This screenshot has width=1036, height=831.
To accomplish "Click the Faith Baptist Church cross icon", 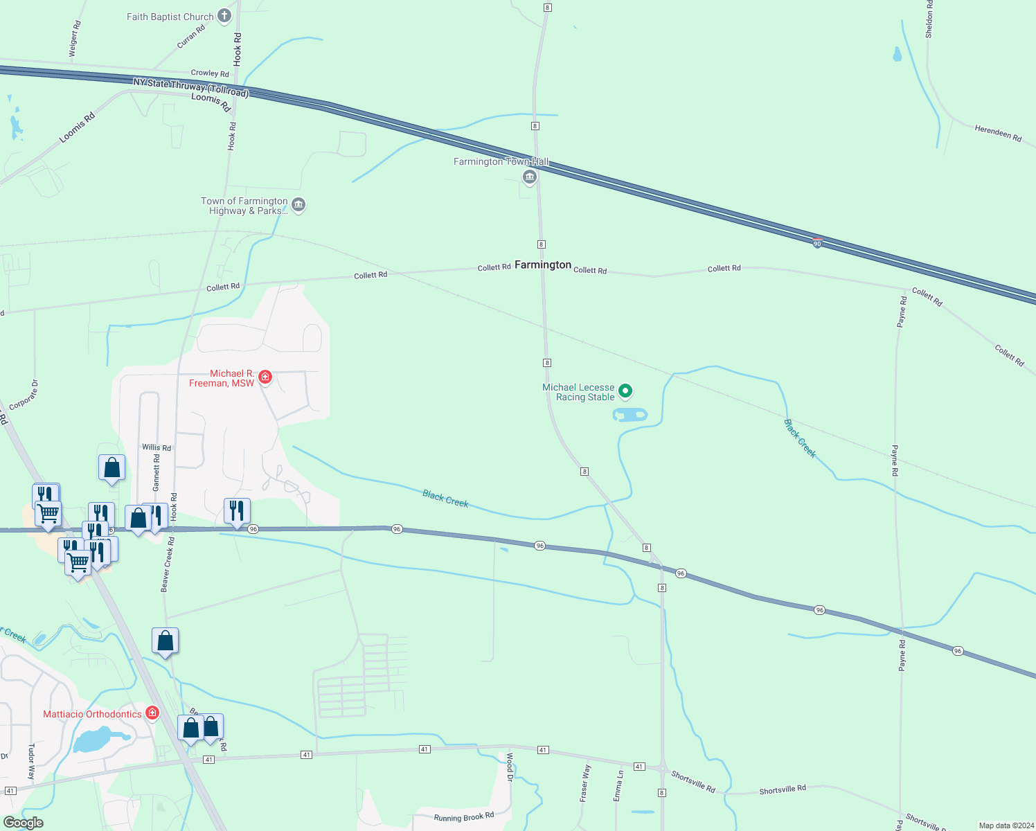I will tap(224, 16).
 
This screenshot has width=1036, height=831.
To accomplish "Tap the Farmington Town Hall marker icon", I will tap(530, 177).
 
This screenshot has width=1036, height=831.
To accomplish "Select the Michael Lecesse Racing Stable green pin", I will tap(625, 392).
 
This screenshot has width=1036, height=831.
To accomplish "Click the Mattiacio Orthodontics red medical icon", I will tap(152, 713).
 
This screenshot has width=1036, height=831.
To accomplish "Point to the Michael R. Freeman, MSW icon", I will tap(265, 377).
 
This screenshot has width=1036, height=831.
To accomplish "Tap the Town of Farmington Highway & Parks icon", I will tap(298, 205).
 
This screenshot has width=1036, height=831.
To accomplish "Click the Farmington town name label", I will tap(543, 265).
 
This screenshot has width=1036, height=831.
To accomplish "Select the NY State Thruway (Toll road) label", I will tap(190, 88).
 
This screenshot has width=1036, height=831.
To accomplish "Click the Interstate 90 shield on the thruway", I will tap(817, 243).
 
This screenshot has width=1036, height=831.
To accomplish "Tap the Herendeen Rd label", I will tap(998, 133).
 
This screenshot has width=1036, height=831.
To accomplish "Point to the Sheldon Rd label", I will tap(929, 19).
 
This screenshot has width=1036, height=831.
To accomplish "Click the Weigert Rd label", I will tap(75, 39).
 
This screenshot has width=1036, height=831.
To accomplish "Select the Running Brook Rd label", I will tap(464, 817).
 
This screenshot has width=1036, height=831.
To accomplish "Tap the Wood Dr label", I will tap(510, 767).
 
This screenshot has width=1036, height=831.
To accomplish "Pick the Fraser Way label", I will tap(586, 783).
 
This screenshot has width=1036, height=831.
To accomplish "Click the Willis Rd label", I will tap(157, 447).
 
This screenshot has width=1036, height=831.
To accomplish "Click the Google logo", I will tap(24, 823).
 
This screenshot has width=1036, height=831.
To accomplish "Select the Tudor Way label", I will tap(31, 762).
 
